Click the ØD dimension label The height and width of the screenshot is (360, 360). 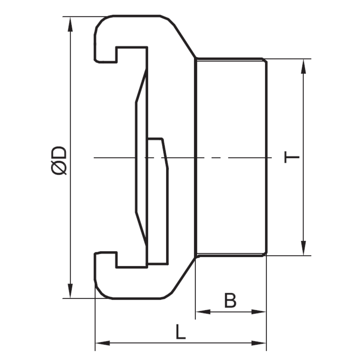pos(58,160)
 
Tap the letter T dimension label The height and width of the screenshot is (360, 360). pos(292,157)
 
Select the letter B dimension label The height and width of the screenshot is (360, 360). pos(230,300)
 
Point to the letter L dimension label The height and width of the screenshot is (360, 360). pos(181,331)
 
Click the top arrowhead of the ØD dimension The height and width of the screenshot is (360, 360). pos(70,25)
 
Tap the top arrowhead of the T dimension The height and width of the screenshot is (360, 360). pos(304,67)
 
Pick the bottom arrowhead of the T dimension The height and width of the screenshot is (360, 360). pos(304,248)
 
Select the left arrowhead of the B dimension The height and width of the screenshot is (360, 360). pos(203,312)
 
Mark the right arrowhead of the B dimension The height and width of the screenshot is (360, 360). pos(259,312)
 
